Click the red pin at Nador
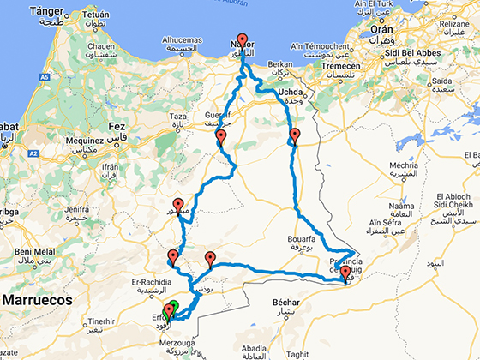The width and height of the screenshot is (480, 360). click(x=243, y=40)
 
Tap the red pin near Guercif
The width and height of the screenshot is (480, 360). click(x=221, y=137)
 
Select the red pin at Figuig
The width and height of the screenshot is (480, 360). click(x=345, y=273)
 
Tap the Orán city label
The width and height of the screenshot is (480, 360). click(x=380, y=27)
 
